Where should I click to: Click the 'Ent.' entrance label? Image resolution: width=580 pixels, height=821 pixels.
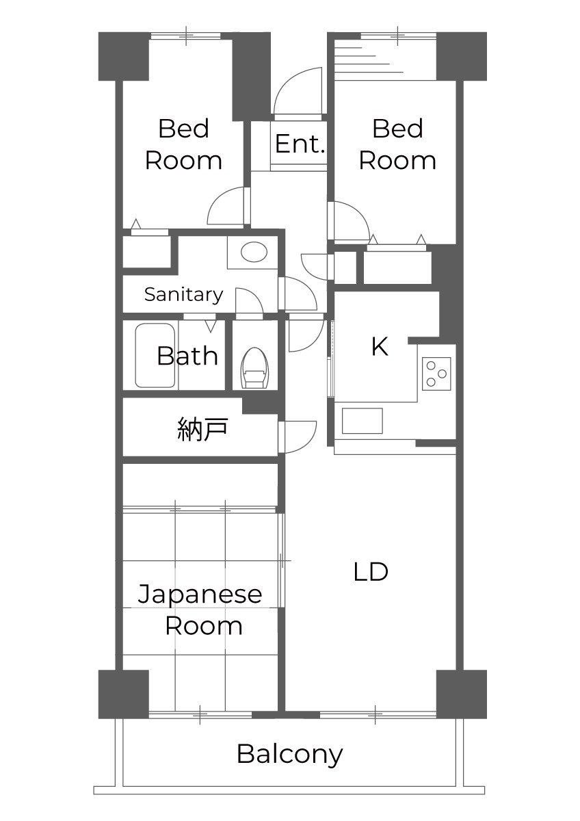300,144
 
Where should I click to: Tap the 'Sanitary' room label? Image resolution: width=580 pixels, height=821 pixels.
183,294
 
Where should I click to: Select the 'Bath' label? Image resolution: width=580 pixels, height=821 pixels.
187,356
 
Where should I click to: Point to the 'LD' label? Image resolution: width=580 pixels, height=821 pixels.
371,571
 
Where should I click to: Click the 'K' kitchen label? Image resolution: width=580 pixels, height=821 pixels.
380,346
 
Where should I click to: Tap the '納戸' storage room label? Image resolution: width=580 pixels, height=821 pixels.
202,428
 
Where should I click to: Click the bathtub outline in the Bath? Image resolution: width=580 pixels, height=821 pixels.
155,355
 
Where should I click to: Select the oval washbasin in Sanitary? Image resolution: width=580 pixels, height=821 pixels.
254,252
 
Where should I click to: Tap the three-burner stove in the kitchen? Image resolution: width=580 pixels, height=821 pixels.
436,374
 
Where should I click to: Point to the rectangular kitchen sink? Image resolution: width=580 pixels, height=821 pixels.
362,421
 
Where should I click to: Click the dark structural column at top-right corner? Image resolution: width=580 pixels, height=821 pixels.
462,56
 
